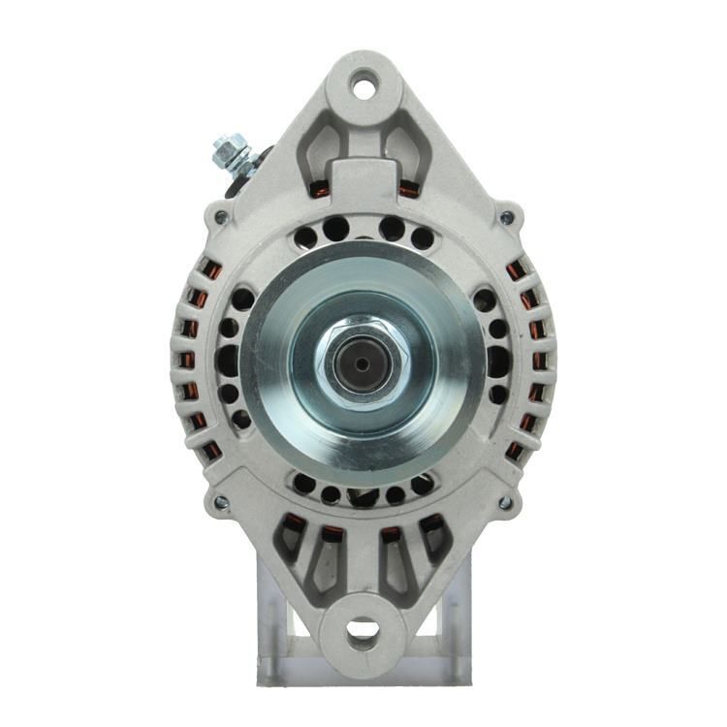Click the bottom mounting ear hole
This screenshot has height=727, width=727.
363,634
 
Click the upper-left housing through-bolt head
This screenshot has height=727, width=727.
221,217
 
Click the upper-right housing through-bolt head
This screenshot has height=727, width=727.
505,217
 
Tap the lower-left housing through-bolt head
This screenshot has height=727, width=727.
221,502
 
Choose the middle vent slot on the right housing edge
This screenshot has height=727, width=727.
540,360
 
